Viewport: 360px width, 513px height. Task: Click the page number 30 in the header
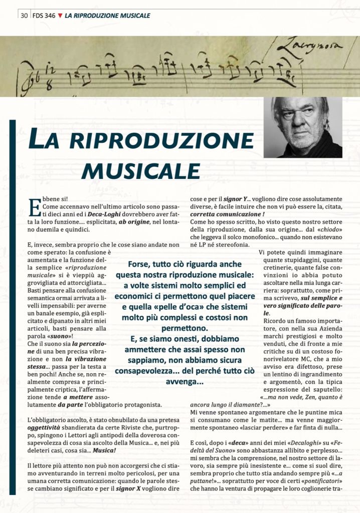(24, 16)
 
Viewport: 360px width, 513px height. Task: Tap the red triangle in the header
(60, 16)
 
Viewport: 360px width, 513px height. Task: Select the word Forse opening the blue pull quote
(139, 265)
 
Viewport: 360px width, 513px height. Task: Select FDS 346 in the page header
(43, 16)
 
